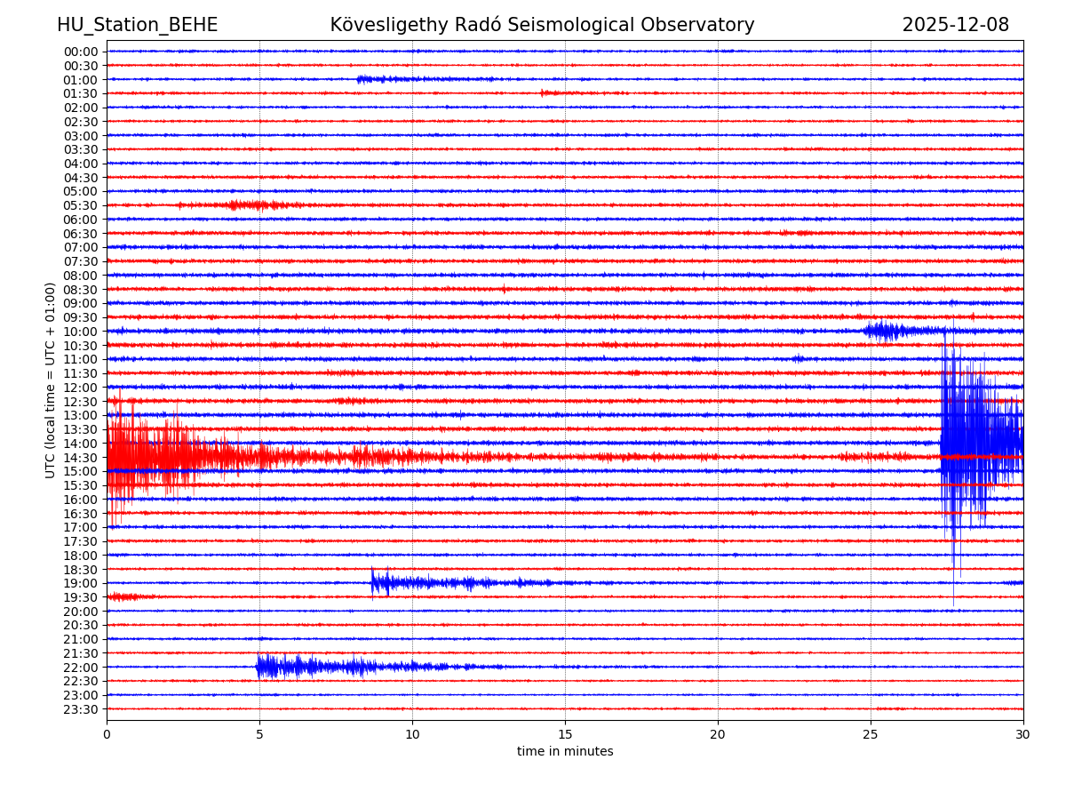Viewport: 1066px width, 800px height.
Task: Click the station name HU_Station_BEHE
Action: [137, 26]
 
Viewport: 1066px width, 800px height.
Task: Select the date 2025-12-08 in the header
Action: [955, 26]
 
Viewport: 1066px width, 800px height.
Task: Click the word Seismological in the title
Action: [594, 26]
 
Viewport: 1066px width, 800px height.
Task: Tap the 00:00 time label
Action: [80, 52]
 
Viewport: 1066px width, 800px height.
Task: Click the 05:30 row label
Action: [80, 205]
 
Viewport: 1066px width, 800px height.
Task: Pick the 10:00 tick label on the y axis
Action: [80, 332]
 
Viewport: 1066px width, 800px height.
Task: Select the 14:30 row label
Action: [80, 458]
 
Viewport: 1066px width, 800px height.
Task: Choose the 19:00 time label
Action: [80, 583]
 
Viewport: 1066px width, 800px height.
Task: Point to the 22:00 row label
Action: [80, 668]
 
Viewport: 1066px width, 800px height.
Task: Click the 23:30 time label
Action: [80, 709]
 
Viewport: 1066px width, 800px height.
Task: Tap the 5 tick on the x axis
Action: [259, 734]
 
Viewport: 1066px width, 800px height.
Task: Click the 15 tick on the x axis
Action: [565, 734]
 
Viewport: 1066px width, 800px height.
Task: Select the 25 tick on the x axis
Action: [871, 734]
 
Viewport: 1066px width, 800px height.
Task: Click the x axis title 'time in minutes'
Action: [565, 752]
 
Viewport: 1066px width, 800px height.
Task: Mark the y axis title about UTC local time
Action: [51, 380]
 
